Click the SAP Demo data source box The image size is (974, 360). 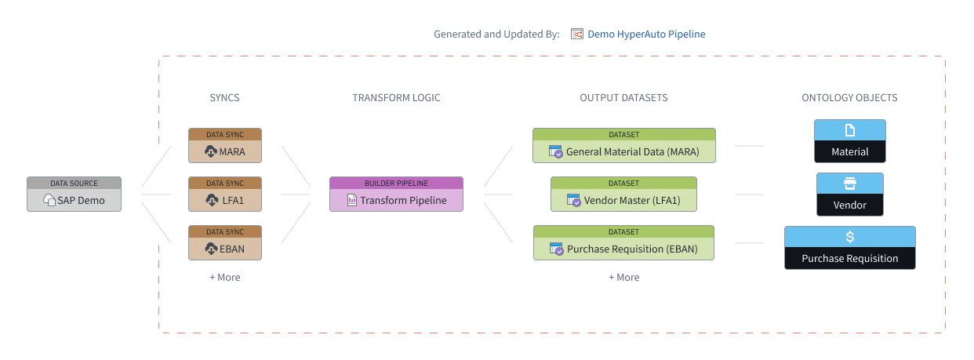click(74, 194)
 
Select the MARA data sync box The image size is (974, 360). click(225, 145)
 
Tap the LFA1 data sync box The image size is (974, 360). click(225, 194)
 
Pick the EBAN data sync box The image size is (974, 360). click(225, 242)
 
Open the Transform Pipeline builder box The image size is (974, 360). click(396, 194)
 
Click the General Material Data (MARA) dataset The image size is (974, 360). click(624, 145)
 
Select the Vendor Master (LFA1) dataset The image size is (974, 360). click(623, 194)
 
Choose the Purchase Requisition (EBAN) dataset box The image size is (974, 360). click(623, 242)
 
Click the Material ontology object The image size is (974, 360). click(849, 141)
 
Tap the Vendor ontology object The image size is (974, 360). click(849, 194)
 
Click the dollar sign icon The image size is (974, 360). click(849, 237)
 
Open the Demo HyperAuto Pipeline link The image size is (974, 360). click(646, 34)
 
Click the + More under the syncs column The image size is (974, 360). click(225, 277)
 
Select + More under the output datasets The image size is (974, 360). click(624, 277)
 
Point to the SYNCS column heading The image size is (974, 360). click(224, 97)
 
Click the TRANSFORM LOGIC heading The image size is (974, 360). click(396, 97)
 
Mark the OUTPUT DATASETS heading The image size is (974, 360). click(623, 97)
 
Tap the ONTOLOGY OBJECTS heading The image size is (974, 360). click(849, 97)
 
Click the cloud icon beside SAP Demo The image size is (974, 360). click(49, 200)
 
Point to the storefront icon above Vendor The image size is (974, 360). click(849, 184)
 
